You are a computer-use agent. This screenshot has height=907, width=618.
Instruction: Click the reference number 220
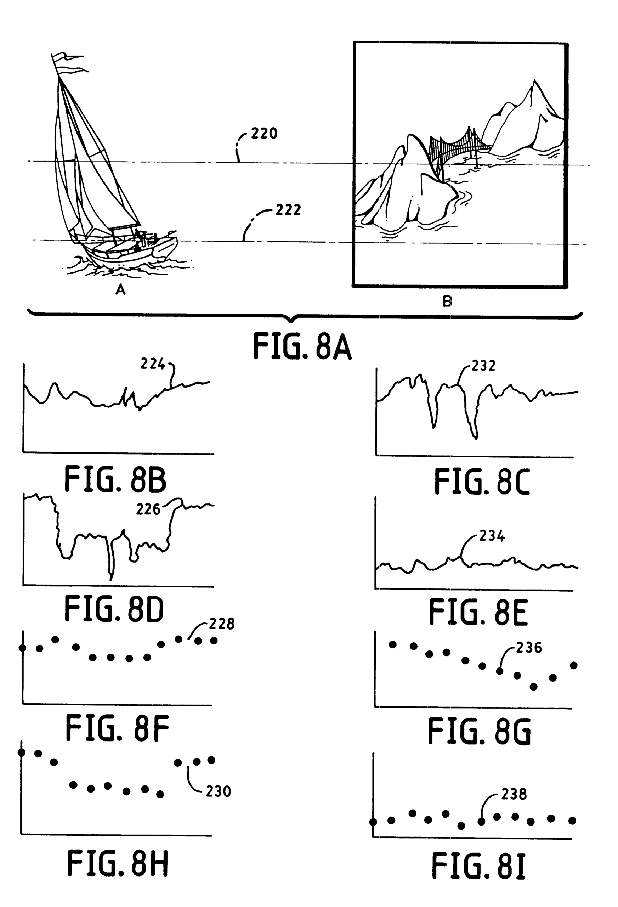click(264, 134)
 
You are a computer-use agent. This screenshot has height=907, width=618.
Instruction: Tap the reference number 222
click(288, 210)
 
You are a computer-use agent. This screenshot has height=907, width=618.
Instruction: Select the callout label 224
click(153, 364)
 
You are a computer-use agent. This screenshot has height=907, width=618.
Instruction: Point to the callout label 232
click(483, 366)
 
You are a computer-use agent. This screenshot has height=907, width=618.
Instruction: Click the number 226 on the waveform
click(148, 509)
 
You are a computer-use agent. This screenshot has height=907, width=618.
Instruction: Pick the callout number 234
click(492, 536)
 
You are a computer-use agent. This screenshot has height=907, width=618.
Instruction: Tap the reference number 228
click(222, 624)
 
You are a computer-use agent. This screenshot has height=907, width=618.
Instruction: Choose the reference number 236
click(529, 648)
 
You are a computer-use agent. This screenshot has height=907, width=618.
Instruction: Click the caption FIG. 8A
click(302, 346)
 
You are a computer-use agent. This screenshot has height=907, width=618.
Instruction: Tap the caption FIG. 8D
click(114, 609)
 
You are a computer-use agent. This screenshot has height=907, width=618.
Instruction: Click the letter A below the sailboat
click(120, 289)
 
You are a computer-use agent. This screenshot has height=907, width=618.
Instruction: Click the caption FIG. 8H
click(118, 864)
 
